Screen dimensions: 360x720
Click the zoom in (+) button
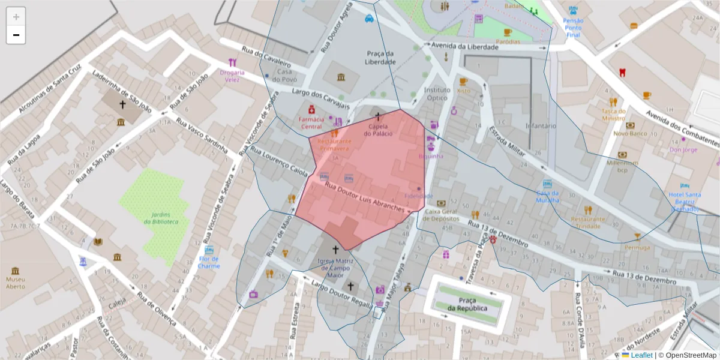pyautogui.click(x=16, y=16)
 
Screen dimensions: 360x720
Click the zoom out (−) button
pyautogui.click(x=16, y=35)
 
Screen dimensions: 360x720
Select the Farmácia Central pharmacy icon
pyautogui.click(x=311, y=110)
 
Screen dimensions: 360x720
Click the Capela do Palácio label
pyautogui.click(x=380, y=130)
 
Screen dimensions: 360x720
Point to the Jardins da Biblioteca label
pyautogui.click(x=161, y=218)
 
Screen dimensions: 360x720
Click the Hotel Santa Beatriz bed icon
pyautogui.click(x=684, y=186)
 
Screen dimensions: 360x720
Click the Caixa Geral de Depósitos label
pyautogui.click(x=442, y=215)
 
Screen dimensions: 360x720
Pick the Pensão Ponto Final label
pyautogui.click(x=573, y=28)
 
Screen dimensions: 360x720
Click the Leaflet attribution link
pyautogui.click(x=641, y=355)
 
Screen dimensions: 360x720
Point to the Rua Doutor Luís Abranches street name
pyautogui.click(x=365, y=196)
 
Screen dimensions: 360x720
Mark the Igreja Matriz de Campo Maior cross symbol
pyautogui.click(x=335, y=248)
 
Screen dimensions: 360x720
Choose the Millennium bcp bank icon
pyautogui.click(x=622, y=154)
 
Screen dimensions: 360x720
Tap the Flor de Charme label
pyautogui.click(x=209, y=262)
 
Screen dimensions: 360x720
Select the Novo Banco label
pyautogui.click(x=630, y=133)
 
